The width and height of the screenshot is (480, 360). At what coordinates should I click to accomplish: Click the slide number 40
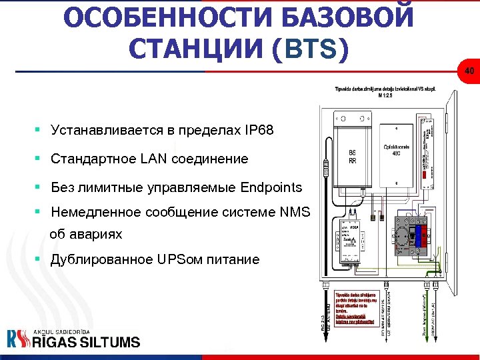point(469,71)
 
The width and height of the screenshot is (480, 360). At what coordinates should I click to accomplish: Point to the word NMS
point(295,213)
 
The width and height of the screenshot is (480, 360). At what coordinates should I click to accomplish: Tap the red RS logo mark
point(19,339)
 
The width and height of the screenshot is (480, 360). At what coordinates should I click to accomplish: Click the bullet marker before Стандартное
point(39,159)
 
